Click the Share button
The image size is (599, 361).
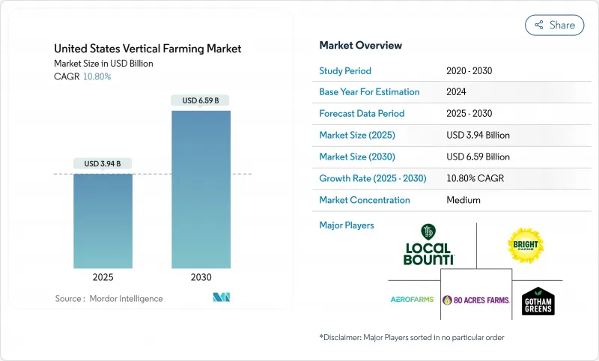[x=555, y=25]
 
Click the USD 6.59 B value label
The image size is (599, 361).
[x=201, y=100]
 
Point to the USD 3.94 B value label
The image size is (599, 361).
[x=103, y=163]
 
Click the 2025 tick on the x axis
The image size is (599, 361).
[x=103, y=276]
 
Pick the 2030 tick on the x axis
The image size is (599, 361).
[x=201, y=276]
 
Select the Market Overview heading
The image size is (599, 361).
[x=360, y=46]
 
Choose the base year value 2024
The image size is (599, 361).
[x=457, y=92]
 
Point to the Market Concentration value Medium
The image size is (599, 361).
[x=463, y=200]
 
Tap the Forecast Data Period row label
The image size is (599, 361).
[x=362, y=114]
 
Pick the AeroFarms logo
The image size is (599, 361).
[x=412, y=300]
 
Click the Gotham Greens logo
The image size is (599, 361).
[x=538, y=300]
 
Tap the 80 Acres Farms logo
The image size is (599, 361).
[x=475, y=300]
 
